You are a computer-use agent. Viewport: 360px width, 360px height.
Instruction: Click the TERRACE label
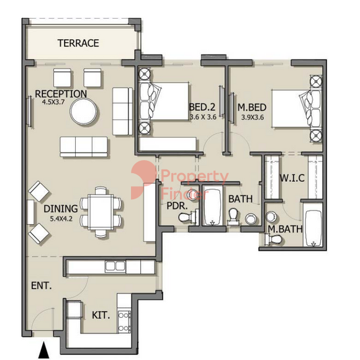point(78,43)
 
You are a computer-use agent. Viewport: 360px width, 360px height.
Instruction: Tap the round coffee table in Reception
point(84,112)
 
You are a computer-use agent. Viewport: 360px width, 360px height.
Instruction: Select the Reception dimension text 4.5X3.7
point(53,102)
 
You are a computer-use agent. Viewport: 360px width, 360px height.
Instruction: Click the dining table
point(101,212)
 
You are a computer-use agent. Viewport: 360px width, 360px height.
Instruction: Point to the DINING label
point(61,209)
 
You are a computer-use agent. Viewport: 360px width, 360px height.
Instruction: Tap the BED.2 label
point(202,107)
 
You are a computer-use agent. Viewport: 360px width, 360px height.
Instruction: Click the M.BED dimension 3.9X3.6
point(253,117)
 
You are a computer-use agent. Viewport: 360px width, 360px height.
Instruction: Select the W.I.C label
point(292,178)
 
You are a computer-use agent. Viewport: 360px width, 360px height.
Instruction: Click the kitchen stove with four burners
point(124,322)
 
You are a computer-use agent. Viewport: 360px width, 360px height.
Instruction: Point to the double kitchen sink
point(115,266)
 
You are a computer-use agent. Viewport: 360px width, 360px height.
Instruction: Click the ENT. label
point(42,286)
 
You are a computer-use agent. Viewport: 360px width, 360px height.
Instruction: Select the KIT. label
point(101,315)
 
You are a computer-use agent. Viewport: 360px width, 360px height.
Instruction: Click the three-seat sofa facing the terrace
point(84,147)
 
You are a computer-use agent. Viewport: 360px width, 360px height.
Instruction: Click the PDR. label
point(177,206)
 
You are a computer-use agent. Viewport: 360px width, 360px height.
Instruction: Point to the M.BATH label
point(285,229)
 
